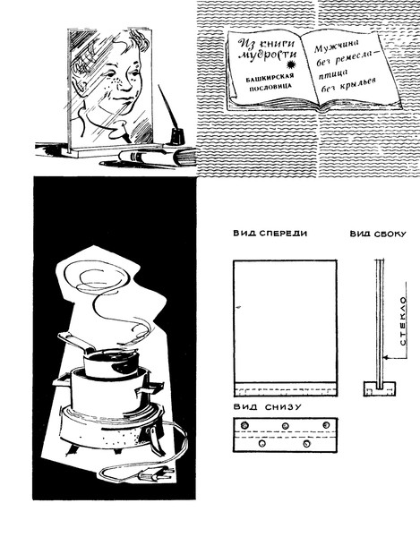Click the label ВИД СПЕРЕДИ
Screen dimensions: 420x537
click(270, 234)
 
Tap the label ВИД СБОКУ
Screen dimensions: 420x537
click(378, 234)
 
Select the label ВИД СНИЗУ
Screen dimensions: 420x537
click(268, 407)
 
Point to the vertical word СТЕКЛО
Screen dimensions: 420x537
click(403, 321)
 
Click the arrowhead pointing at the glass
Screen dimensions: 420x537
click(386, 357)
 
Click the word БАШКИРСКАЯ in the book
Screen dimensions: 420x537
click(270, 78)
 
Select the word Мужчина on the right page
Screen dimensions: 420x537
click(336, 46)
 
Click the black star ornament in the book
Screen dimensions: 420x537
click(292, 64)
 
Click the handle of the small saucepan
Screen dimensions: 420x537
click(76, 342)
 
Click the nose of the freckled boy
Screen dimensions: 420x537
click(125, 83)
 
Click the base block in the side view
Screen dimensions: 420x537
click(379, 388)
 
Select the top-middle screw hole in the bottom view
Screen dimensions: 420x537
click(285, 426)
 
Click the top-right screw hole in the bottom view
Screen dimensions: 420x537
click(326, 425)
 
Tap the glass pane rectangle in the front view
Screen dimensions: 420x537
click(285, 321)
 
